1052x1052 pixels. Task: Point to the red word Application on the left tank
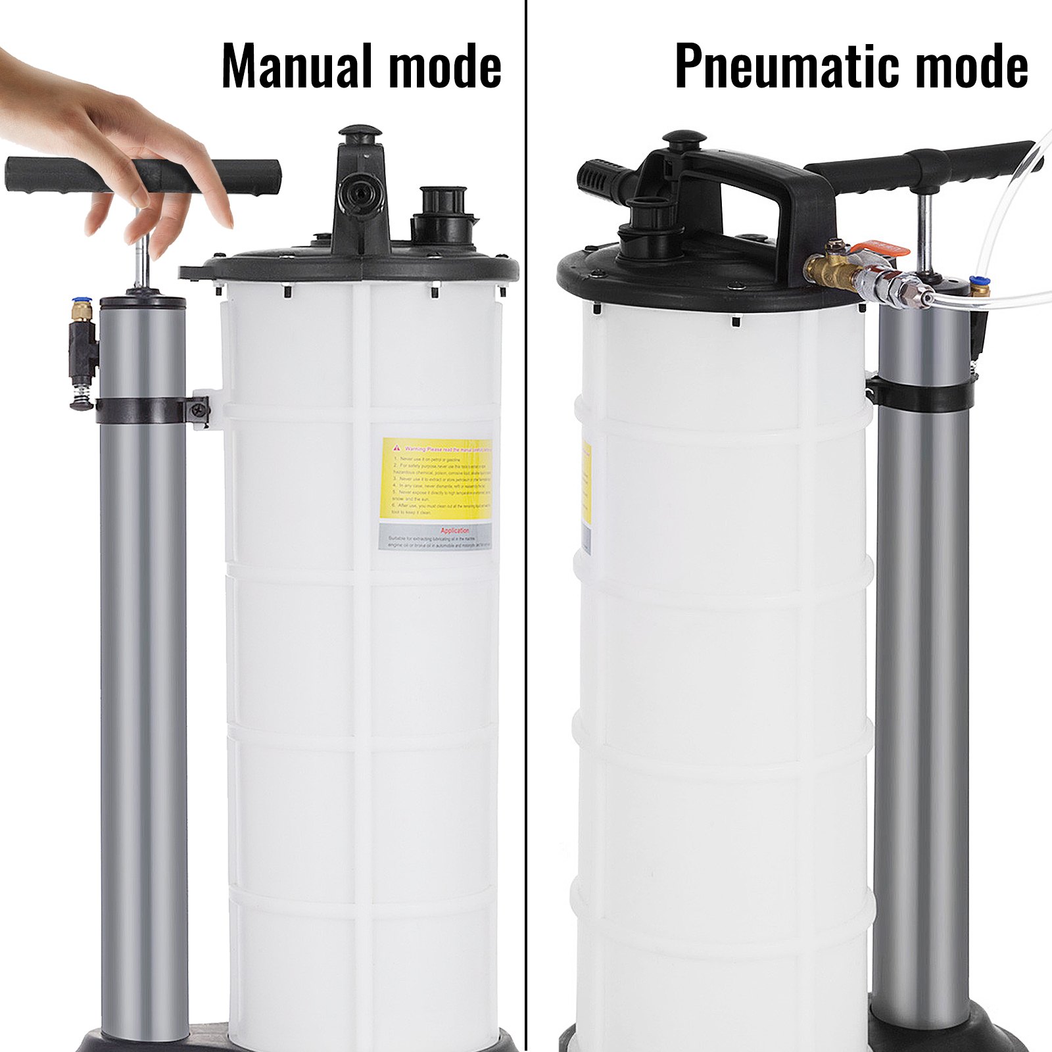click(x=455, y=530)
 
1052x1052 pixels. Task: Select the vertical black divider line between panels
click(x=526, y=526)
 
